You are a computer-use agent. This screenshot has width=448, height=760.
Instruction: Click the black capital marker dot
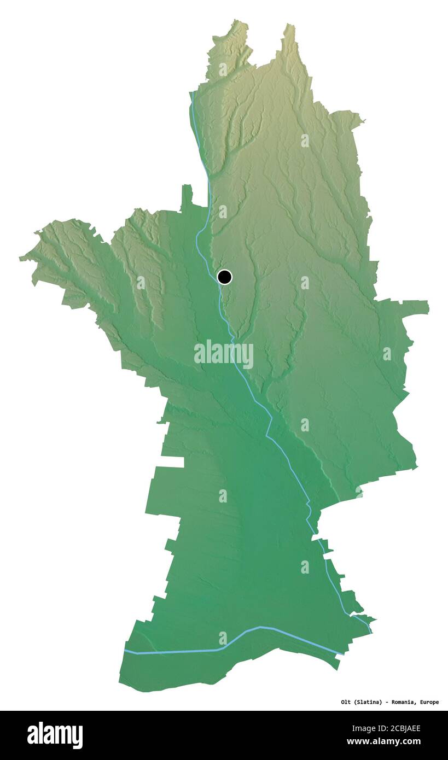pos(224,277)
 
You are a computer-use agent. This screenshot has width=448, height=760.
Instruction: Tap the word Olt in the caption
pos(346,702)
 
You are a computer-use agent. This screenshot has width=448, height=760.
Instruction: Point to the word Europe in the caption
pos(428,702)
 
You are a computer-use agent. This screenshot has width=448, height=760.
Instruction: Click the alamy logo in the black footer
pos(55,735)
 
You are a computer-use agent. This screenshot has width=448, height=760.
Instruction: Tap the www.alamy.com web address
pos(383,741)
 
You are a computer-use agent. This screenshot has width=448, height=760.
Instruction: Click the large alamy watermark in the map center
pos(224,354)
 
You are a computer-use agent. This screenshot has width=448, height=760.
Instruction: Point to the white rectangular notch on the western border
pos(170,461)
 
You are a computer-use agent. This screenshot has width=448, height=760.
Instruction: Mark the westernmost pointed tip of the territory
pos(22,257)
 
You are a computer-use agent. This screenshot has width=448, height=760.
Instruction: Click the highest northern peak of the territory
pos(289,27)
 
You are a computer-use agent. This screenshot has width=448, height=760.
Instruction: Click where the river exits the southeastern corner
pos(371,632)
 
